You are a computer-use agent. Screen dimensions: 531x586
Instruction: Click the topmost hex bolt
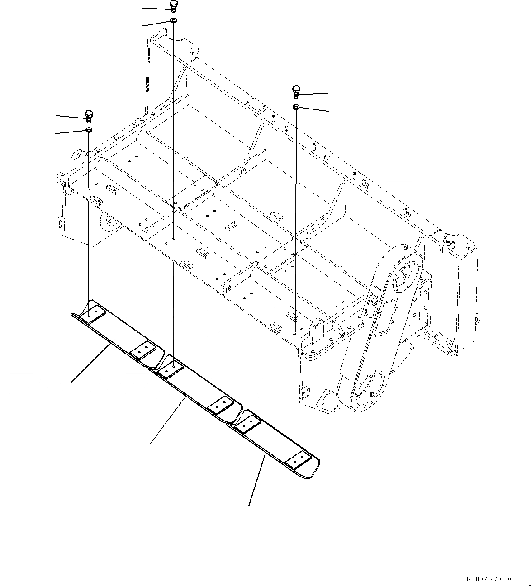click(174, 6)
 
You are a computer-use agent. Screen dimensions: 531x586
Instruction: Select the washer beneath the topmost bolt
click(174, 21)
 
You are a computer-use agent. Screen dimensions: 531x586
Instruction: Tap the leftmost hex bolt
click(89, 116)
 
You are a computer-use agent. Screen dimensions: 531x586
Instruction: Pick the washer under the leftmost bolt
click(89, 131)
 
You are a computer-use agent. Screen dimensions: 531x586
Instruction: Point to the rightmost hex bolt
click(296, 91)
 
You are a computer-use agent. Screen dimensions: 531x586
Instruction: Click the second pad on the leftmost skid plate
click(143, 349)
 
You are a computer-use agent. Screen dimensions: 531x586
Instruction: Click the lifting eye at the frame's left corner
click(76, 161)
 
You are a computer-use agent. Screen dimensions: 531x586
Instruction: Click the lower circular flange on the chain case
click(369, 392)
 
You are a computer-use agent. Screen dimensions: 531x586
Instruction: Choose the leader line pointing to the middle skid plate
click(167, 421)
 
